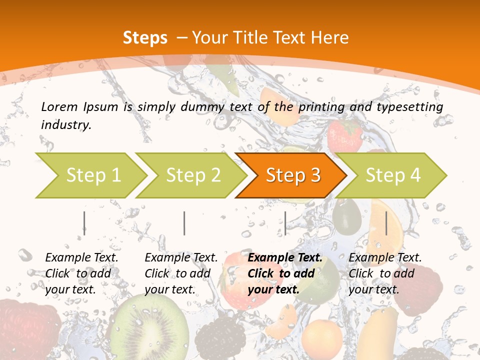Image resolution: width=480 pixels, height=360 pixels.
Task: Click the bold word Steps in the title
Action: tap(145, 38)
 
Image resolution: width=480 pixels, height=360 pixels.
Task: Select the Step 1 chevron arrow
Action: tap(90, 175)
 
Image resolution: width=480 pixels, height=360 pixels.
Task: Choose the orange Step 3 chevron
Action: tap(291, 175)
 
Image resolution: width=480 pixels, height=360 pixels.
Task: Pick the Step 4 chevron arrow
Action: tap(391, 175)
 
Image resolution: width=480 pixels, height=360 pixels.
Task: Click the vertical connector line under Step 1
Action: tap(84, 223)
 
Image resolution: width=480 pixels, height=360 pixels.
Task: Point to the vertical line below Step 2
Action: tap(184, 223)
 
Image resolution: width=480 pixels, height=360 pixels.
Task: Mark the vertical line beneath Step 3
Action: tap(285, 223)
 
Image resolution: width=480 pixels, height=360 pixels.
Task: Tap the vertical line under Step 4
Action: tap(386, 223)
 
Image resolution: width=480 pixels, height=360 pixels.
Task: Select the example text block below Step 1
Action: tap(81, 273)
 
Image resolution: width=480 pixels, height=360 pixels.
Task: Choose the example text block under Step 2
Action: tap(180, 273)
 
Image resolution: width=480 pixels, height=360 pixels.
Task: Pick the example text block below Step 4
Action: tap(384, 273)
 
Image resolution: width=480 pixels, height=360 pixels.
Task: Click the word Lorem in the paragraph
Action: tap(59, 106)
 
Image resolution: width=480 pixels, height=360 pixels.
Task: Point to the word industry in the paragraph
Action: tap(65, 125)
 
